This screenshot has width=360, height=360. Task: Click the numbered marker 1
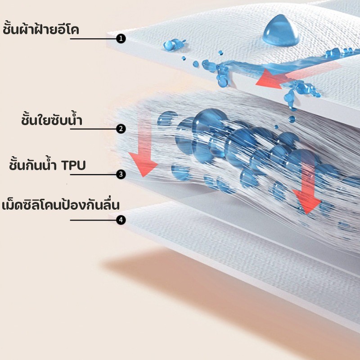pos(121,39)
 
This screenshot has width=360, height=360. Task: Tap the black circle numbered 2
pos(121,129)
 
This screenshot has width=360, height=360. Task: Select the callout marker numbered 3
pos(121,175)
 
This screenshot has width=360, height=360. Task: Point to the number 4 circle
pos(121,220)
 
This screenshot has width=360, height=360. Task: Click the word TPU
pos(73,166)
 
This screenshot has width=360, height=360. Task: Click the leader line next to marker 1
pos(93,39)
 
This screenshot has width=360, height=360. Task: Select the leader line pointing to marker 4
pos(93,220)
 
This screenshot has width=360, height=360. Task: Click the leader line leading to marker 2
pos(93,129)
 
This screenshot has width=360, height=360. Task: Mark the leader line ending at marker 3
pos(93,175)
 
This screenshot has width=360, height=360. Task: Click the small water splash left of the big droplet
pos(174,44)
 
